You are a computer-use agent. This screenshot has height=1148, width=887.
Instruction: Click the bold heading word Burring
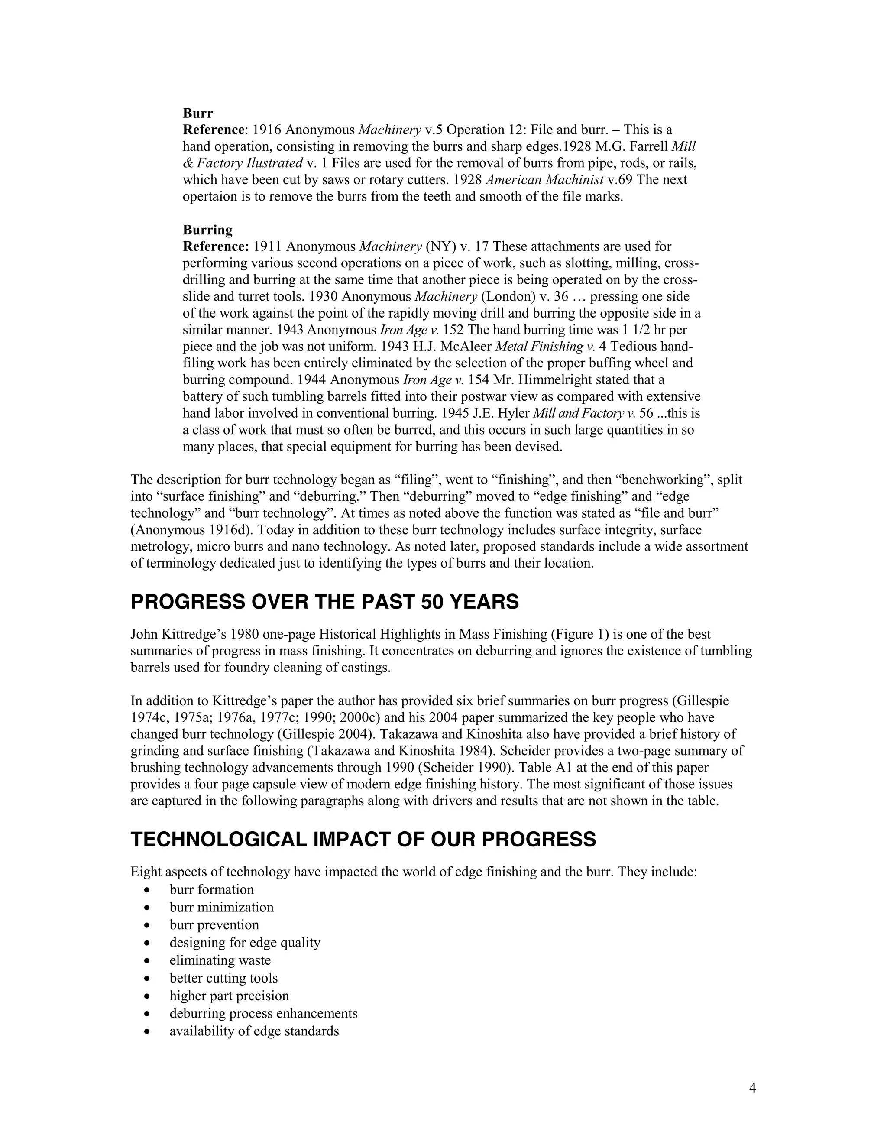click(x=207, y=230)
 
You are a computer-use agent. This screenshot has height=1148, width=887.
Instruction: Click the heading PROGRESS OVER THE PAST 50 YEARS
click(x=324, y=602)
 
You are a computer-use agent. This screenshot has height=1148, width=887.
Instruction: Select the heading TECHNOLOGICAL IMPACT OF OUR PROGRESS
click(x=363, y=840)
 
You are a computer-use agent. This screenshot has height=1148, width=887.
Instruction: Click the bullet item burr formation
click(x=211, y=889)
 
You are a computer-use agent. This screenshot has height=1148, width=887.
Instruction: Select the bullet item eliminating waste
click(x=220, y=960)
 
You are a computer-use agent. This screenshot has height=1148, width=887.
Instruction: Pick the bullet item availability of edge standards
click(x=254, y=1031)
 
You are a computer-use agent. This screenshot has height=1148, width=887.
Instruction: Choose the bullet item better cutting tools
click(x=223, y=978)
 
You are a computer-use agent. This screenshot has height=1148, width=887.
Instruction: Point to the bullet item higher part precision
click(x=229, y=996)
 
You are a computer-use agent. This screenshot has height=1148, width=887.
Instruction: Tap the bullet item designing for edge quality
click(x=244, y=943)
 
